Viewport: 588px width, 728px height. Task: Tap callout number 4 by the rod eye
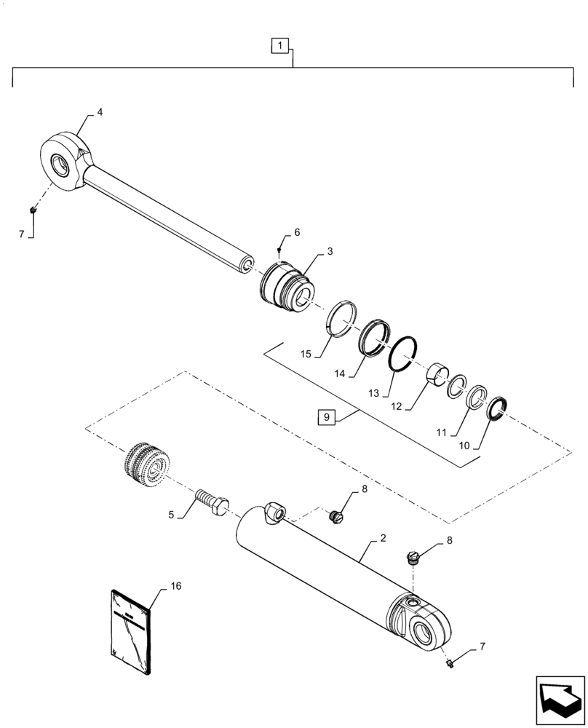(x=100, y=113)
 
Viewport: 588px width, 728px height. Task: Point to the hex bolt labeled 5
(x=211, y=502)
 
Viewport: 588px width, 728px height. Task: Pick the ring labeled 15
(x=341, y=320)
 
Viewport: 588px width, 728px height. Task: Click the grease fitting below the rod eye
(x=33, y=211)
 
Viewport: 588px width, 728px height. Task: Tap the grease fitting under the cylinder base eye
(x=450, y=663)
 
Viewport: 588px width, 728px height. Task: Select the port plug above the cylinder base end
(x=413, y=558)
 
